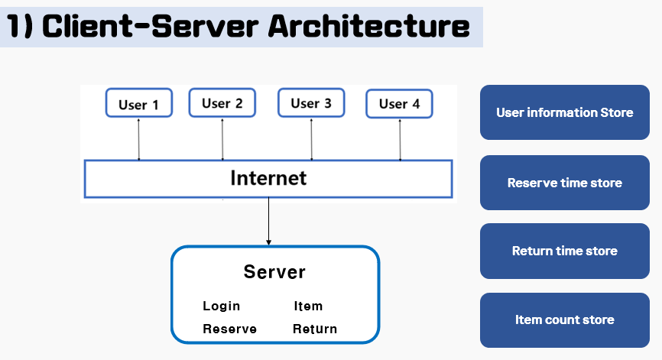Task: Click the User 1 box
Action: coord(138,105)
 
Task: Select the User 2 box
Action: coord(222,103)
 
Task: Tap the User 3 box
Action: coord(311,103)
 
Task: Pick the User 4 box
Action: coord(399,104)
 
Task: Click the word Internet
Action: coord(268,178)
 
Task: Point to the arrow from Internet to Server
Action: coord(268,222)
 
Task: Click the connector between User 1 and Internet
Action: coord(138,139)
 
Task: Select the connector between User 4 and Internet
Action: coord(400,139)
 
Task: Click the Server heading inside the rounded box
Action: coord(274,271)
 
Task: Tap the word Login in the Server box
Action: coord(221,306)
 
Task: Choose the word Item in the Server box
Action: coord(308,306)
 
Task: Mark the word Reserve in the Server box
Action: coord(229,329)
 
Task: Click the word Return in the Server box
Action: coord(314,329)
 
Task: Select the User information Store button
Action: coord(564,112)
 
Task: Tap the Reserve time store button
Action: coord(564,183)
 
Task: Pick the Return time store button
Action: coord(564,251)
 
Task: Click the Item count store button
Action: coord(564,319)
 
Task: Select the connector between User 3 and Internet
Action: coord(311,139)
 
